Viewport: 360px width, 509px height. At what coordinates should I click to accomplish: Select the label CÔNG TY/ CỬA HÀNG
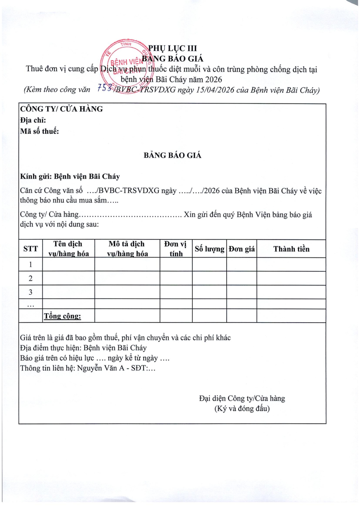pyautogui.click(x=61, y=109)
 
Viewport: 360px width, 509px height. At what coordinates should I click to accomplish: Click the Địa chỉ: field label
pyautogui.click(x=33, y=120)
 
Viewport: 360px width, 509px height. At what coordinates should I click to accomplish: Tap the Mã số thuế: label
pyautogui.click(x=40, y=131)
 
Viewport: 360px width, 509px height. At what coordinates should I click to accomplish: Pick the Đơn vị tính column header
pyautogui.click(x=175, y=248)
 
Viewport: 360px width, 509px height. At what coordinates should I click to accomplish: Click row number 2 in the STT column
pyautogui.click(x=31, y=278)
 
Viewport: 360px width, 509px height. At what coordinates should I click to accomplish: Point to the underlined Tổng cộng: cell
pyautogui.click(x=62, y=316)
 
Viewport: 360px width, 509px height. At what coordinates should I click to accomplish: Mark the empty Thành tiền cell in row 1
pyautogui.click(x=291, y=264)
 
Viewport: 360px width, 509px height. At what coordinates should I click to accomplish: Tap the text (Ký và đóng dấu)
pyautogui.click(x=242, y=409)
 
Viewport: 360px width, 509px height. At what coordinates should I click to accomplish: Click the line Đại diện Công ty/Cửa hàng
pyautogui.click(x=242, y=398)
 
